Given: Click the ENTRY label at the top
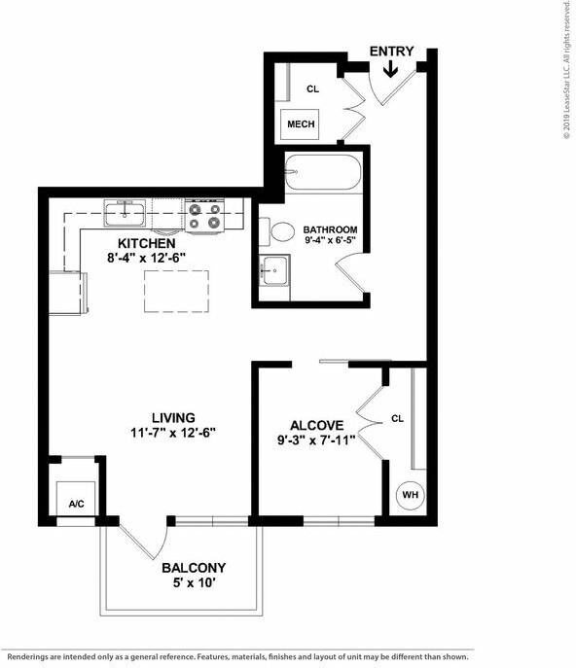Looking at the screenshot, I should tap(391, 52).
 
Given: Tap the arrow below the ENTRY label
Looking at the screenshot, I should tap(391, 69).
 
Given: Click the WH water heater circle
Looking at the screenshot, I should tap(411, 495).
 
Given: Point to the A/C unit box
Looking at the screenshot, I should tap(76, 503).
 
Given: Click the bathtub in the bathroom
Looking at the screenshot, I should tap(322, 176).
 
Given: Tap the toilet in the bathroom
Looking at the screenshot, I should tap(281, 232).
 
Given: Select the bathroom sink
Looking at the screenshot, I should tap(275, 269).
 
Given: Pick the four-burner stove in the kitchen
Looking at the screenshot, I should tap(205, 215).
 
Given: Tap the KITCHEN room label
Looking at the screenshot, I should tap(146, 243).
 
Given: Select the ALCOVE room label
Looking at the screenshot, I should tap(316, 425).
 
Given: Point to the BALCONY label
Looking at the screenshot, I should tap(194, 568).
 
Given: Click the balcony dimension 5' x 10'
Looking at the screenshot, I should tap(194, 583).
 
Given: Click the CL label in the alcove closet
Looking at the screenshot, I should tap(397, 419).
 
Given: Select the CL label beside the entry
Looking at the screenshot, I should tap(312, 88).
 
